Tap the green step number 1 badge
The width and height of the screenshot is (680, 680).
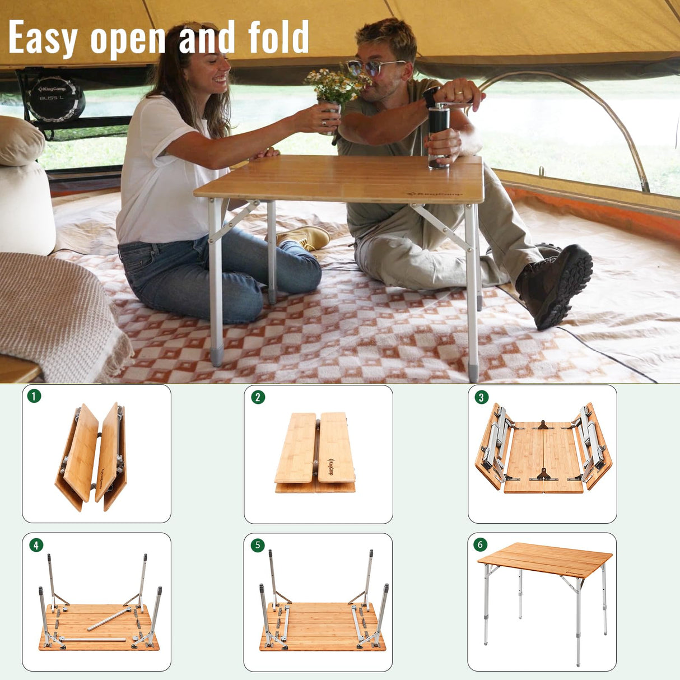click(34, 396)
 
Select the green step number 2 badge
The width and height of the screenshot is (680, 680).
click(257, 397)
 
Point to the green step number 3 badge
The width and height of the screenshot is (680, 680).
click(481, 397)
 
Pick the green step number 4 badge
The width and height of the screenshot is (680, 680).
click(36, 545)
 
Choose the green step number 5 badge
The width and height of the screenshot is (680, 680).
click(257, 545)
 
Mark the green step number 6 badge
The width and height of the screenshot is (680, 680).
click(480, 544)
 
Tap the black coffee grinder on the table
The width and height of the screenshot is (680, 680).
click(439, 134)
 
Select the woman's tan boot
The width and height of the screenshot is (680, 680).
click(305, 237)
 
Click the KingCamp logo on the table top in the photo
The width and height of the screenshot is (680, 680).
click(435, 194)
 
